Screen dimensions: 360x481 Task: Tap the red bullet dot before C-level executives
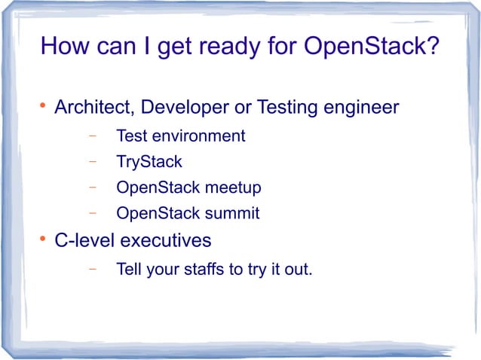(42, 239)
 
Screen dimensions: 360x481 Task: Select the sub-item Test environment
(180, 136)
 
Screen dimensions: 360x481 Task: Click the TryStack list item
(149, 162)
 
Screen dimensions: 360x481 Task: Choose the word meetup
(234, 188)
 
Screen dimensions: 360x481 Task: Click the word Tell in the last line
(128, 269)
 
